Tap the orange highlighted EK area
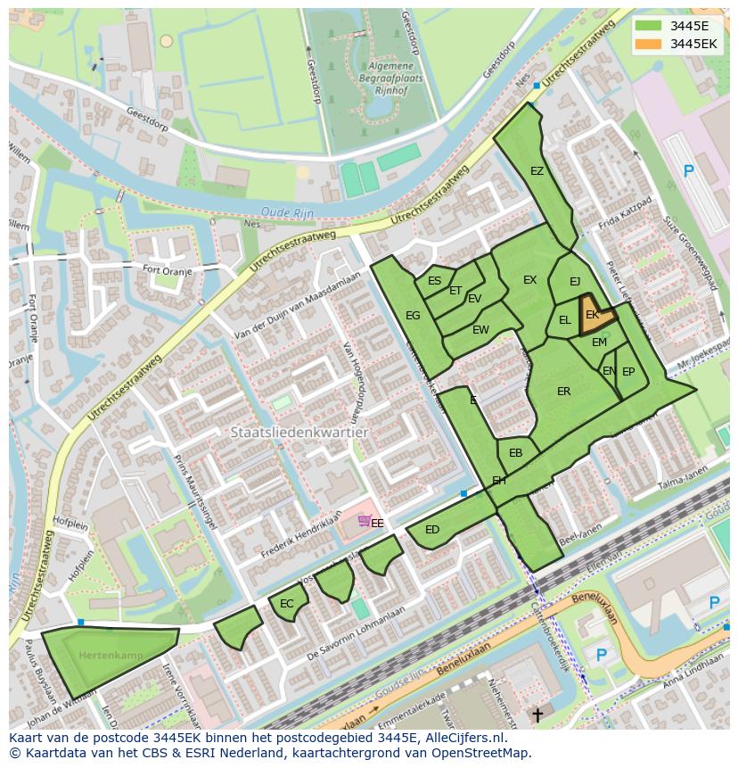594,316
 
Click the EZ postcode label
537,171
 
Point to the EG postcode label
413,316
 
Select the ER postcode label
563,392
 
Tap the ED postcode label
432,530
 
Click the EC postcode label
286,604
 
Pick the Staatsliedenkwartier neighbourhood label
299,433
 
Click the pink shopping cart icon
364,521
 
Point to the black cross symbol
537,714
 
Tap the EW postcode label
480,330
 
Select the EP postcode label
628,372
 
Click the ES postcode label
434,281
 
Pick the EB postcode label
515,453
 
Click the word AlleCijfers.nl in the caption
464,738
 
